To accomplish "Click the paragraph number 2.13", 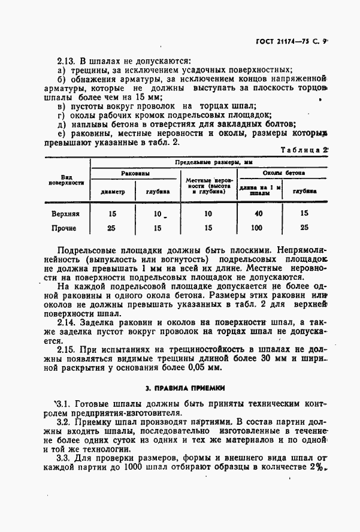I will point(65,61).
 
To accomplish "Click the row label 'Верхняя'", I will point(66,213).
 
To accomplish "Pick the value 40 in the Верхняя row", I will point(258,213).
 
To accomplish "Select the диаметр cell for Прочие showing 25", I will point(112,228).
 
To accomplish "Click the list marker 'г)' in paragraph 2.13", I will point(60,115).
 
